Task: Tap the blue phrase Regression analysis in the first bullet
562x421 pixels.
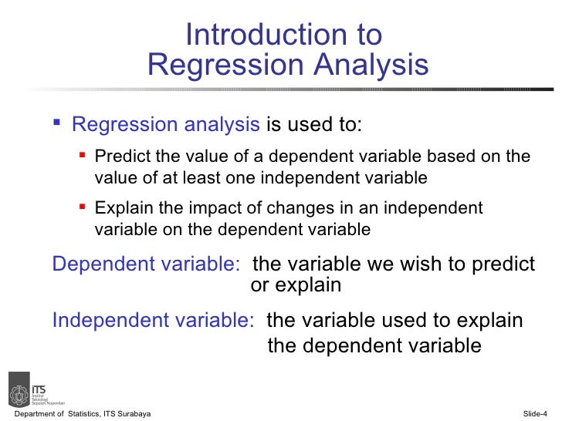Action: coord(166,125)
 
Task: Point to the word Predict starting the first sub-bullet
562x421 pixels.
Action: coord(119,157)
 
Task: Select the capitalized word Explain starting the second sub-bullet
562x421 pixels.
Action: coord(119,208)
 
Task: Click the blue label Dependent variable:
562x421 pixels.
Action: coord(146,264)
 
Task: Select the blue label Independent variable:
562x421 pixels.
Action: coord(153,320)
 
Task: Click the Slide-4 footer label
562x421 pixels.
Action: coord(540,415)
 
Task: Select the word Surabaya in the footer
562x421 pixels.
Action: coord(133,415)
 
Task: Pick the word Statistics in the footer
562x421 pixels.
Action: coord(83,415)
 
